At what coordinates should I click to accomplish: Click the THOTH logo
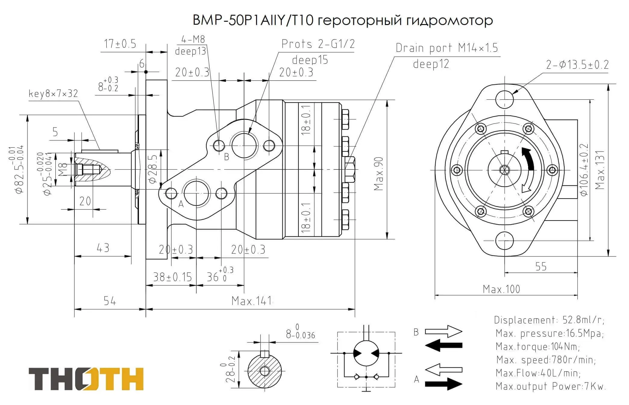[x=86, y=379]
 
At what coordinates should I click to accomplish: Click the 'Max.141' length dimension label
[x=252, y=301]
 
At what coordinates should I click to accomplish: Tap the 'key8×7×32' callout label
[x=53, y=94]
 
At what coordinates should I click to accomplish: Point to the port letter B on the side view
[x=227, y=157]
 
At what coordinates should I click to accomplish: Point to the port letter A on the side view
[x=181, y=204]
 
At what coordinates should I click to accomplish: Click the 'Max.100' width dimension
[x=501, y=289]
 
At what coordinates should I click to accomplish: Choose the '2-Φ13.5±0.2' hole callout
[x=577, y=65]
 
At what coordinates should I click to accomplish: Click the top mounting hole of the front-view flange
[x=504, y=99]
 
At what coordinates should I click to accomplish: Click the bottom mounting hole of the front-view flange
[x=504, y=241]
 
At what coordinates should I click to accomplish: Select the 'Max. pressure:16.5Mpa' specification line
[x=549, y=333]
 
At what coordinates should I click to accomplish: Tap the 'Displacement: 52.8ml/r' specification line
[x=549, y=320]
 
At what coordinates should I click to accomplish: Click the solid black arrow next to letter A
[x=443, y=384]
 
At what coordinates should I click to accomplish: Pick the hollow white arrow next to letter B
[x=443, y=331]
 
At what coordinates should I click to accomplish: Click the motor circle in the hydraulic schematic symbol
[x=366, y=353]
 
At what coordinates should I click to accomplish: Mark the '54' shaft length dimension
[x=110, y=301]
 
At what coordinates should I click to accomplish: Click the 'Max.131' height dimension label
[x=600, y=170]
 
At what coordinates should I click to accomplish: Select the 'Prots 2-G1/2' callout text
[x=318, y=44]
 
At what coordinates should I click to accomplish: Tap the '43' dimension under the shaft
[x=103, y=248]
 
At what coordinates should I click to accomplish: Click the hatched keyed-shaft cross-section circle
[x=264, y=371]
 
